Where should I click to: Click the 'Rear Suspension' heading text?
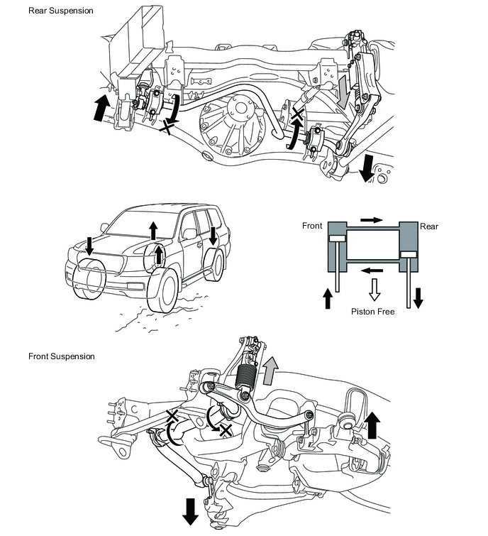tap(60, 11)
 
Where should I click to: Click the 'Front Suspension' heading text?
tap(61, 356)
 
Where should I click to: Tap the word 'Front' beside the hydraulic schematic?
tap(313, 226)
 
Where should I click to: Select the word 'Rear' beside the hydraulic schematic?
tap(429, 226)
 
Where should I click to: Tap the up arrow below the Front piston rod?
tap(328, 297)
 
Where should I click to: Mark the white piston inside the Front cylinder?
tap(336, 239)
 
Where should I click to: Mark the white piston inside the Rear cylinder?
tap(409, 253)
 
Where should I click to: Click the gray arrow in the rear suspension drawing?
tap(343, 93)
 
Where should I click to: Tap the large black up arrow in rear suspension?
tap(102, 109)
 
